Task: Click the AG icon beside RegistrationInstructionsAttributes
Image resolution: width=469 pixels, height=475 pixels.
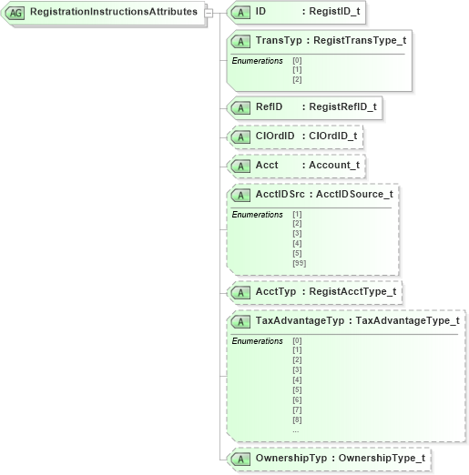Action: coord(15,14)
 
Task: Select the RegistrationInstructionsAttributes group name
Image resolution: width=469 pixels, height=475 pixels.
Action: coord(112,13)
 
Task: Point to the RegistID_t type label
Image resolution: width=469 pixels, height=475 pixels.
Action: coord(334,14)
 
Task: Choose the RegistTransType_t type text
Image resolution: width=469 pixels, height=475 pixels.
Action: coord(361,42)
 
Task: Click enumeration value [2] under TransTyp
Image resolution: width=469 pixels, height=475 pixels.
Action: coord(297,79)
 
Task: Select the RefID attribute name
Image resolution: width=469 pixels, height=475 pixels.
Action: coord(269,107)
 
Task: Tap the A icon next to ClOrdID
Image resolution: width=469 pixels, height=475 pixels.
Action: coord(240,137)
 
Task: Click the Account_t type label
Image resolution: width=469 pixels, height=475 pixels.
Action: coord(334,167)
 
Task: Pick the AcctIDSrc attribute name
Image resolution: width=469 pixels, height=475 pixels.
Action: coord(280,195)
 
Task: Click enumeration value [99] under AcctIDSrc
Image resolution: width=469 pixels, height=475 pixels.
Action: coord(299,263)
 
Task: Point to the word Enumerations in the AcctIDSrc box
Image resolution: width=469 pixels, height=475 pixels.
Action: coord(258,215)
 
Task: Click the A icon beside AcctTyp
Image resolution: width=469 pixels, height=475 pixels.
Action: coord(240,292)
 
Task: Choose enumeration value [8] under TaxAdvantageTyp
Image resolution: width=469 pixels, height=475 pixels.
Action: coord(297,419)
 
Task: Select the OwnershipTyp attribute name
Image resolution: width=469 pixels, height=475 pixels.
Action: coord(291,459)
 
